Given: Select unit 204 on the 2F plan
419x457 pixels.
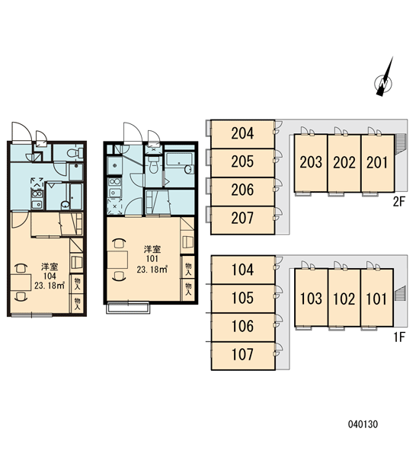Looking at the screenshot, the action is pos(242,134).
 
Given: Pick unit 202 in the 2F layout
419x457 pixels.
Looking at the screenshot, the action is pos(344,163).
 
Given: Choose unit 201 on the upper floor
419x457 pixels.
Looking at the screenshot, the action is pos(378,163).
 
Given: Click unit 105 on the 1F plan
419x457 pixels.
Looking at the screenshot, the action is pos(242,299).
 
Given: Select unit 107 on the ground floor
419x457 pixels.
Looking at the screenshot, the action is pos(242,356).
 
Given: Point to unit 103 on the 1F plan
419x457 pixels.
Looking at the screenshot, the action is pos(311,298).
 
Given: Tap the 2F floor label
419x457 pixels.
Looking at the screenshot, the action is pos(399,202).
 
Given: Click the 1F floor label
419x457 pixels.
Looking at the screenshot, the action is pos(399,337).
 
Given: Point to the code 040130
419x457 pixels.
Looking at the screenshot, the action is pos(363,424).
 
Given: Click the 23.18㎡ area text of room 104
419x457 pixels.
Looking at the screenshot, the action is pos(50,286).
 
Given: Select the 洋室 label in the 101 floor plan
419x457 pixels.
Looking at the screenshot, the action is pos(152,249).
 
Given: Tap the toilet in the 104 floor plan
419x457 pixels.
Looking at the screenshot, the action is pos(75,152).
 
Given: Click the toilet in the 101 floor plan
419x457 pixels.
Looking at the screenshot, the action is pos(153,165).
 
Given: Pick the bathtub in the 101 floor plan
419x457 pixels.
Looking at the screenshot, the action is pos(180,164).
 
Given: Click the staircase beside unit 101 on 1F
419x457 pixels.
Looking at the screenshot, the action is pos(401,293).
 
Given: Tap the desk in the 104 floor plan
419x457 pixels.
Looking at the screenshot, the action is pos(21,283).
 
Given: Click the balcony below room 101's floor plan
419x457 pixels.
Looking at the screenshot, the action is pos(128,308).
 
